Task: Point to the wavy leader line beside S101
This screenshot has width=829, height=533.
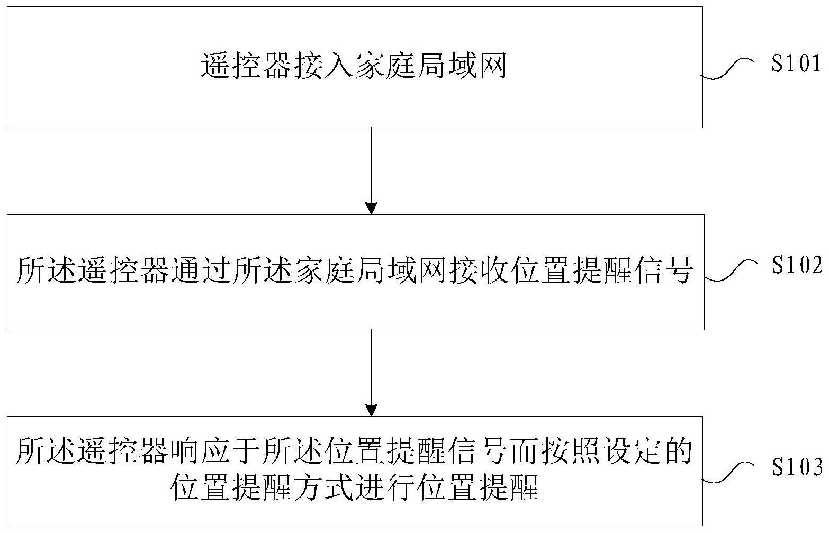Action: [x=727, y=68]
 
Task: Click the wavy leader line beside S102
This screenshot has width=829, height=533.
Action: [x=728, y=270]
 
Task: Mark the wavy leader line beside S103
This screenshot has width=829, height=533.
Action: [x=727, y=472]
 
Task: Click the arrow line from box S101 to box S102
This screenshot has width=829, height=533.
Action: [x=371, y=171]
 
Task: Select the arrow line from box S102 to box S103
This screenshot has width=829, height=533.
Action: [x=371, y=373]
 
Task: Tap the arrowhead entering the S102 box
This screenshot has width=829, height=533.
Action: [x=371, y=209]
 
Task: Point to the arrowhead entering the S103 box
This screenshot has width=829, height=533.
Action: [x=371, y=410]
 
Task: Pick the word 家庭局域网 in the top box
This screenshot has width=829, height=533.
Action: [x=431, y=67]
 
